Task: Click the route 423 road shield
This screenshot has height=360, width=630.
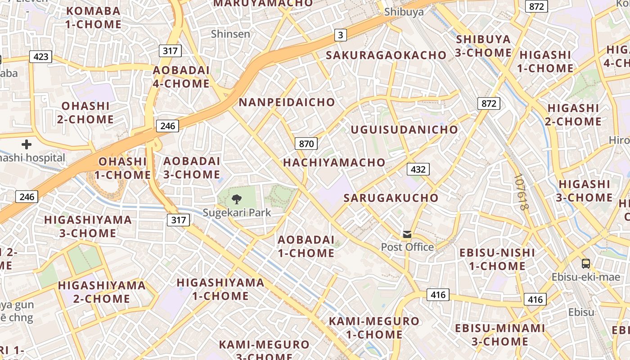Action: click(40, 57)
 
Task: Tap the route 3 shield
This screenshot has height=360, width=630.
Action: click(341, 35)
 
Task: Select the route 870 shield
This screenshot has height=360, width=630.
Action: click(306, 144)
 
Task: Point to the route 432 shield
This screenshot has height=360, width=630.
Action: click(418, 169)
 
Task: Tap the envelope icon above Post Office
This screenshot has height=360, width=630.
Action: click(407, 234)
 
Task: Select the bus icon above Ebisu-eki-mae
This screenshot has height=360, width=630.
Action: click(585, 264)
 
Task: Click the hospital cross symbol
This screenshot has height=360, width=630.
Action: click(27, 144)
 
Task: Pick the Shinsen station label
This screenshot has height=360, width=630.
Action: click(230, 34)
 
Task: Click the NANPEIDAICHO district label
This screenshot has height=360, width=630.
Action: click(287, 102)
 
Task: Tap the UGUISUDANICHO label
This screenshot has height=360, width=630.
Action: click(404, 130)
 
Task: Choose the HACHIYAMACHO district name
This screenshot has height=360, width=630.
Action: click(334, 162)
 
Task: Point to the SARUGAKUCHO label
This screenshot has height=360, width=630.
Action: click(391, 198)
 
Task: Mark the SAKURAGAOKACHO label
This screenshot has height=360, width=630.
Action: click(386, 55)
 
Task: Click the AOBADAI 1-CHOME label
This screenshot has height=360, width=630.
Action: click(306, 246)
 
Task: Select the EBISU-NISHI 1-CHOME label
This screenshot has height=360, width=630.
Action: click(497, 259)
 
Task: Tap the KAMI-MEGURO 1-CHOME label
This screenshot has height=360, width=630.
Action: click(374, 328)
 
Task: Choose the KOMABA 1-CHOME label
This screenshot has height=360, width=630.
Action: click(94, 18)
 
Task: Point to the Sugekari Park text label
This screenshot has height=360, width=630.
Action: click(237, 212)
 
